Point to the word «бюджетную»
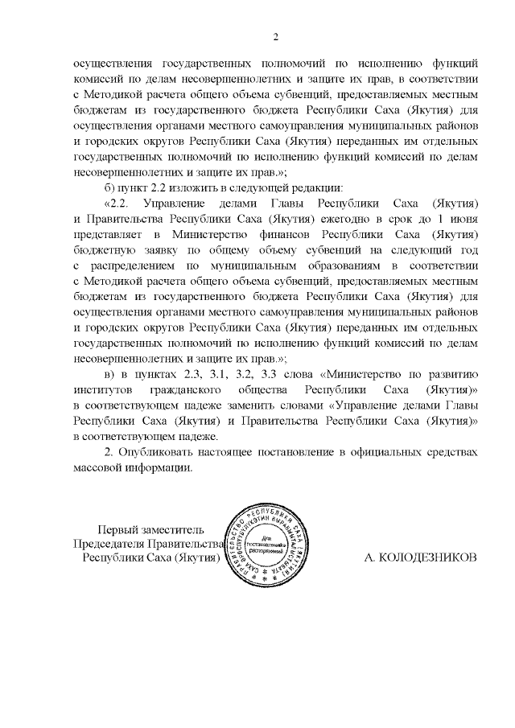(x=108, y=249)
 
